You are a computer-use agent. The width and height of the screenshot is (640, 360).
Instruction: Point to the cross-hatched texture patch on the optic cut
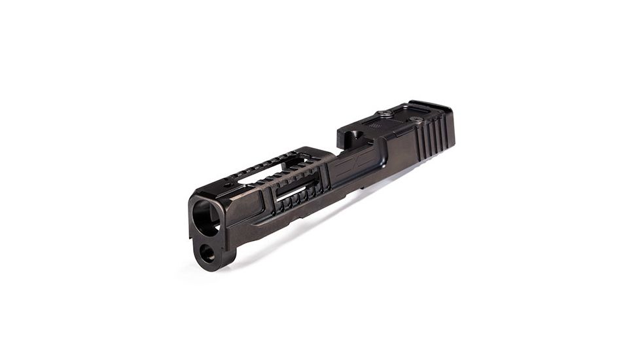tap(374, 124)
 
